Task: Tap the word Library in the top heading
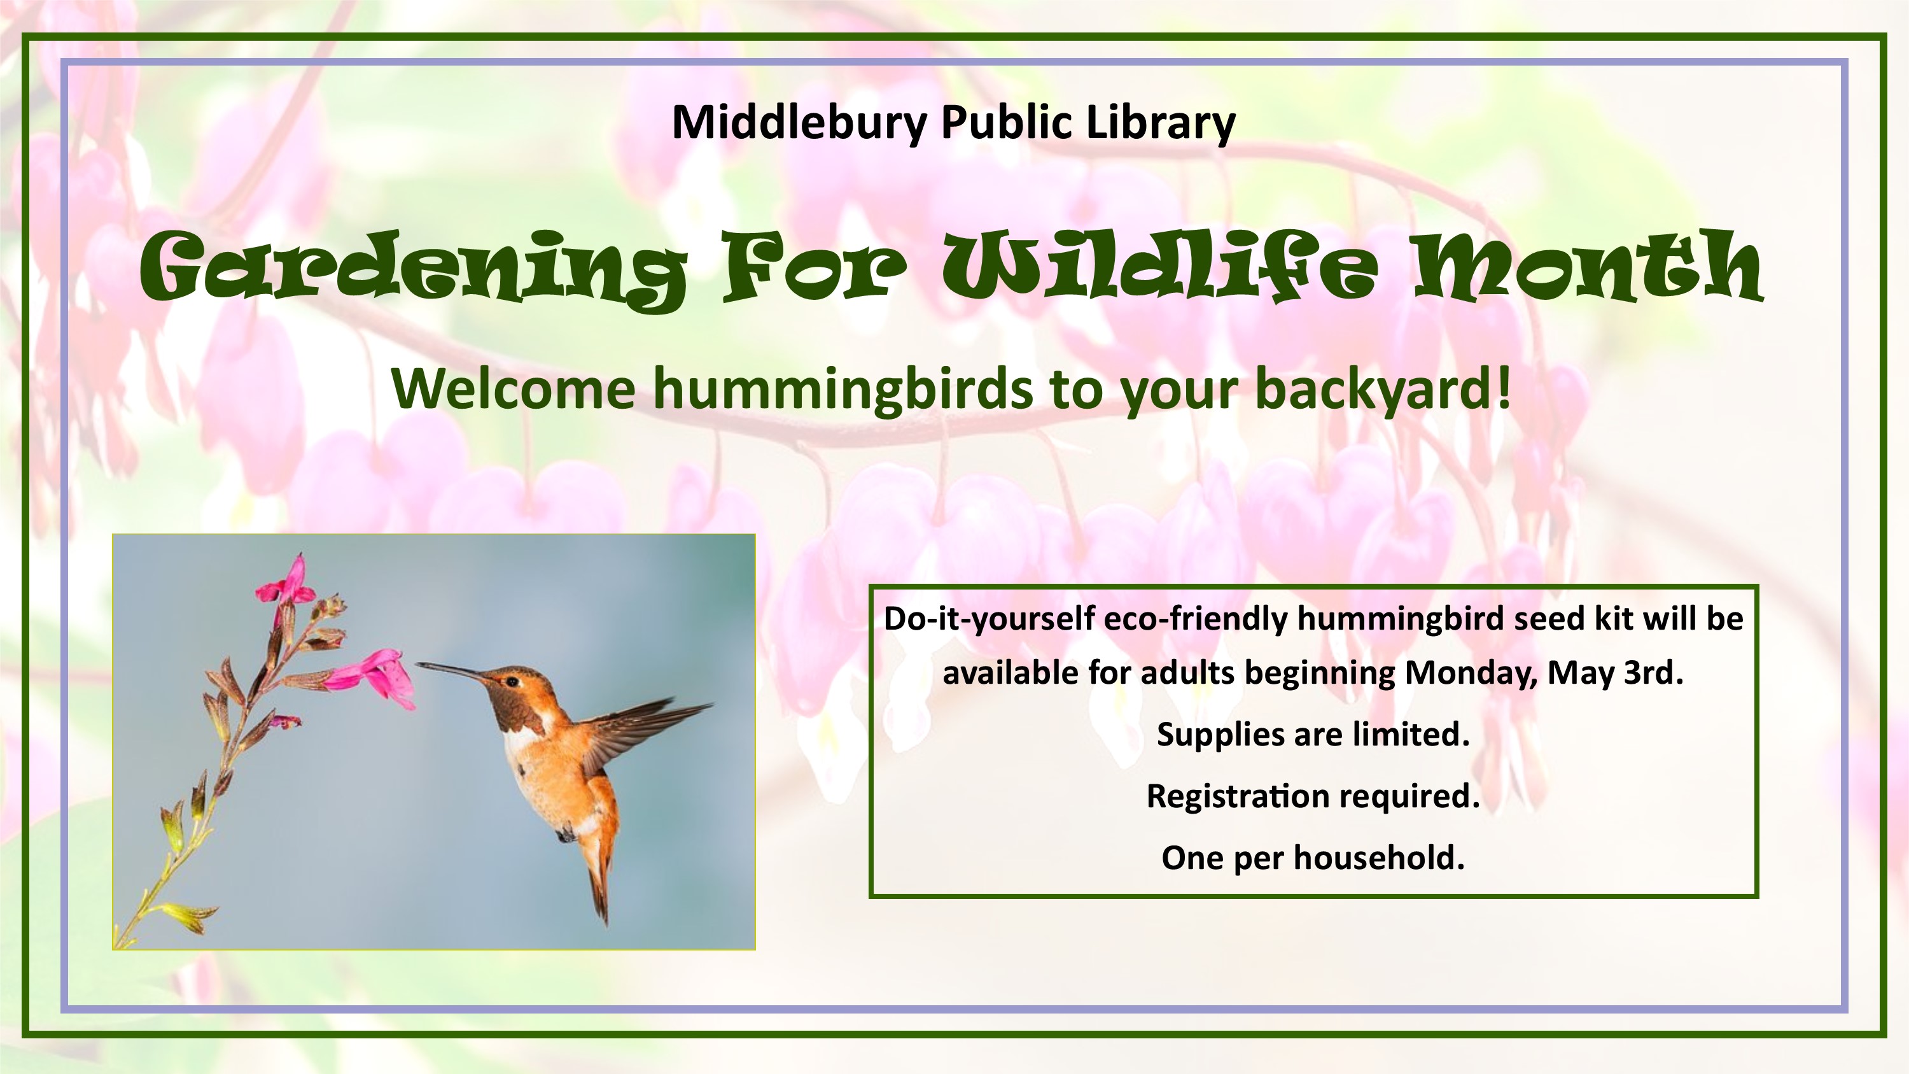tap(1161, 122)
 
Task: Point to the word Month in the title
tap(1589, 265)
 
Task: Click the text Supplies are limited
tap(1313, 735)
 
